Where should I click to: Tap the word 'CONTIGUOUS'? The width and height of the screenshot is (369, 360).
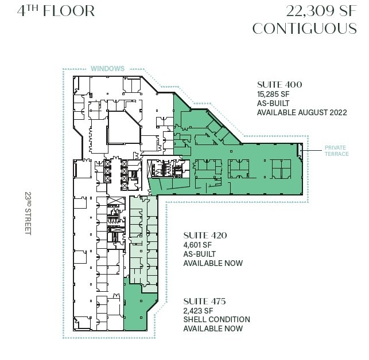click(305, 28)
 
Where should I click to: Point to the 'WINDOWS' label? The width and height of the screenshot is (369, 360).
click(107, 69)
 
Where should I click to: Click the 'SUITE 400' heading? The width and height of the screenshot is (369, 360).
click(279, 85)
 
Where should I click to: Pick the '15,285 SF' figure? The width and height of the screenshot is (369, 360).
click(275, 94)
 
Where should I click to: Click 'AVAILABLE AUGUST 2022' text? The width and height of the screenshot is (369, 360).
click(302, 113)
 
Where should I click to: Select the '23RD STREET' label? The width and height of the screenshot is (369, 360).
click(27, 212)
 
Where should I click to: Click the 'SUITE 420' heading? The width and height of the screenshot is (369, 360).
click(205, 236)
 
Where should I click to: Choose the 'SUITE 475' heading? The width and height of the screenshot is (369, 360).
click(204, 301)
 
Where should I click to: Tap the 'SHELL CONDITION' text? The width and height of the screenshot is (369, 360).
click(216, 319)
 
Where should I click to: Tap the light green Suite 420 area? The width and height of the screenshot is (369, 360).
click(142, 241)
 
